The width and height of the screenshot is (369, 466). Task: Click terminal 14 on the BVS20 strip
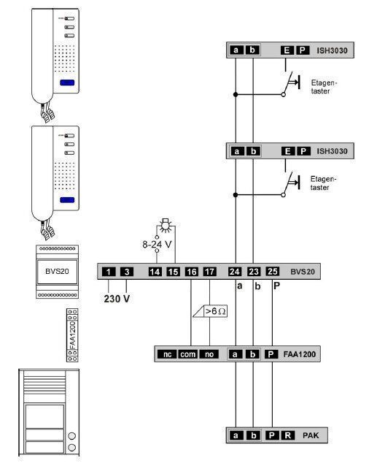[x=155, y=272]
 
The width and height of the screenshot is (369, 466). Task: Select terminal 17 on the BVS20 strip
[x=209, y=272]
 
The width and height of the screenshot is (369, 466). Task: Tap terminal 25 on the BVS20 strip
[x=272, y=271]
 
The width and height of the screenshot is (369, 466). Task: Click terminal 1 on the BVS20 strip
[x=109, y=272]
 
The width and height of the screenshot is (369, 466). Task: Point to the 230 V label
[x=117, y=299]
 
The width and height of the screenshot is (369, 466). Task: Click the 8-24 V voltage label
[x=157, y=244]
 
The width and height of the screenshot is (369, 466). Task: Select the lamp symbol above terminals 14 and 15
[x=166, y=225]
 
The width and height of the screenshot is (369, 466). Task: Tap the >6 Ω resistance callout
[x=210, y=311]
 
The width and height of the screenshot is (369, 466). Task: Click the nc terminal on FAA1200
[x=167, y=354]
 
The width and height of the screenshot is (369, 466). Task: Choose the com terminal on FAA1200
[x=188, y=354]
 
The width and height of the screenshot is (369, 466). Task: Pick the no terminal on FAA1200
[x=209, y=354]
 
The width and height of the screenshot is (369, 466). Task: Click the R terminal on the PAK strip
[x=288, y=435]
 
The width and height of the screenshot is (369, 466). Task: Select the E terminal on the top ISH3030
[x=287, y=50]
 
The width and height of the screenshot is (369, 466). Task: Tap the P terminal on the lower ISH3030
[x=303, y=151]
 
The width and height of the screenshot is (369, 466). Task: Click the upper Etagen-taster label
[x=324, y=87]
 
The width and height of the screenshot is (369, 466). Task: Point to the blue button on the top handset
[x=67, y=83]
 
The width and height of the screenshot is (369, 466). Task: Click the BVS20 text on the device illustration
[x=57, y=271]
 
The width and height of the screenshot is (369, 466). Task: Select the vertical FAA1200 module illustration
[x=72, y=335]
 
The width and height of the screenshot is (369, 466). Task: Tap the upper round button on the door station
[x=71, y=436]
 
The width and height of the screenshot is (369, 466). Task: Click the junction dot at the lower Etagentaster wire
[x=236, y=195]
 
